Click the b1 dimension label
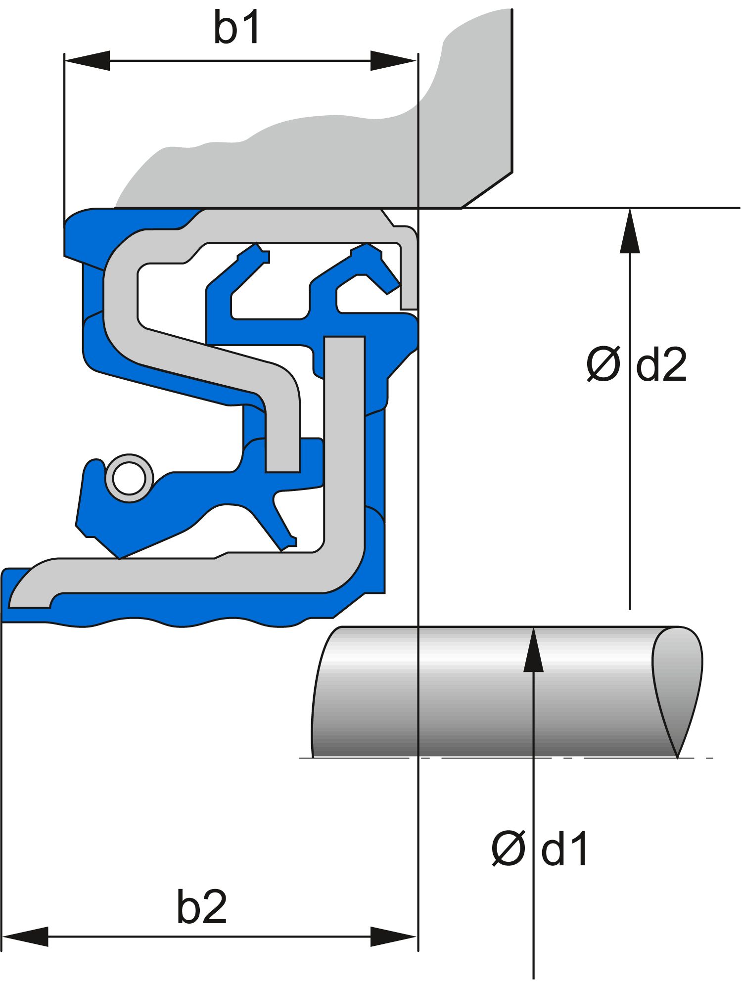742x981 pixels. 236,28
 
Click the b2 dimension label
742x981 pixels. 202,907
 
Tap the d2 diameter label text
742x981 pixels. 661,365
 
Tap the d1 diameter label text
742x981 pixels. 564,848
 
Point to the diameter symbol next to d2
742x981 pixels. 603,365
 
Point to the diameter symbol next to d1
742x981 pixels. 508,848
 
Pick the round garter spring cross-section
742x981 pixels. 129,478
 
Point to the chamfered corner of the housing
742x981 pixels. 487,190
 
